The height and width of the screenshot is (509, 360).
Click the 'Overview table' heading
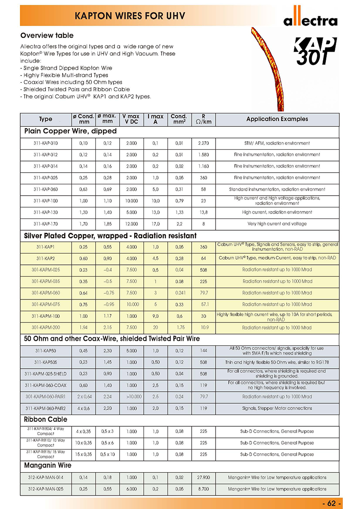47,36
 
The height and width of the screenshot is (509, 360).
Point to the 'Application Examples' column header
277,119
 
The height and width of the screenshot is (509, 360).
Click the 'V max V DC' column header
131,119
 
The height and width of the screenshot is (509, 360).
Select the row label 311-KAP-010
45,143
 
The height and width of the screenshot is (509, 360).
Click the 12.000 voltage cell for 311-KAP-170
131,223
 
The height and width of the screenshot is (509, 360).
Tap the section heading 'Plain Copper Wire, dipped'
71,131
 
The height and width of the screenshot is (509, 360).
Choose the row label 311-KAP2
45,258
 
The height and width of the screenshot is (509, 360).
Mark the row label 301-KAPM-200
45,328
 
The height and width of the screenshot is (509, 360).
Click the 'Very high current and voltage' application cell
277,223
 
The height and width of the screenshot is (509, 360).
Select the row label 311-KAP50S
45,362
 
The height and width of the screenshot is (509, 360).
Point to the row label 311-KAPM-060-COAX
45,385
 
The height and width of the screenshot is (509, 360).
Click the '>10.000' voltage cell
131,397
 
